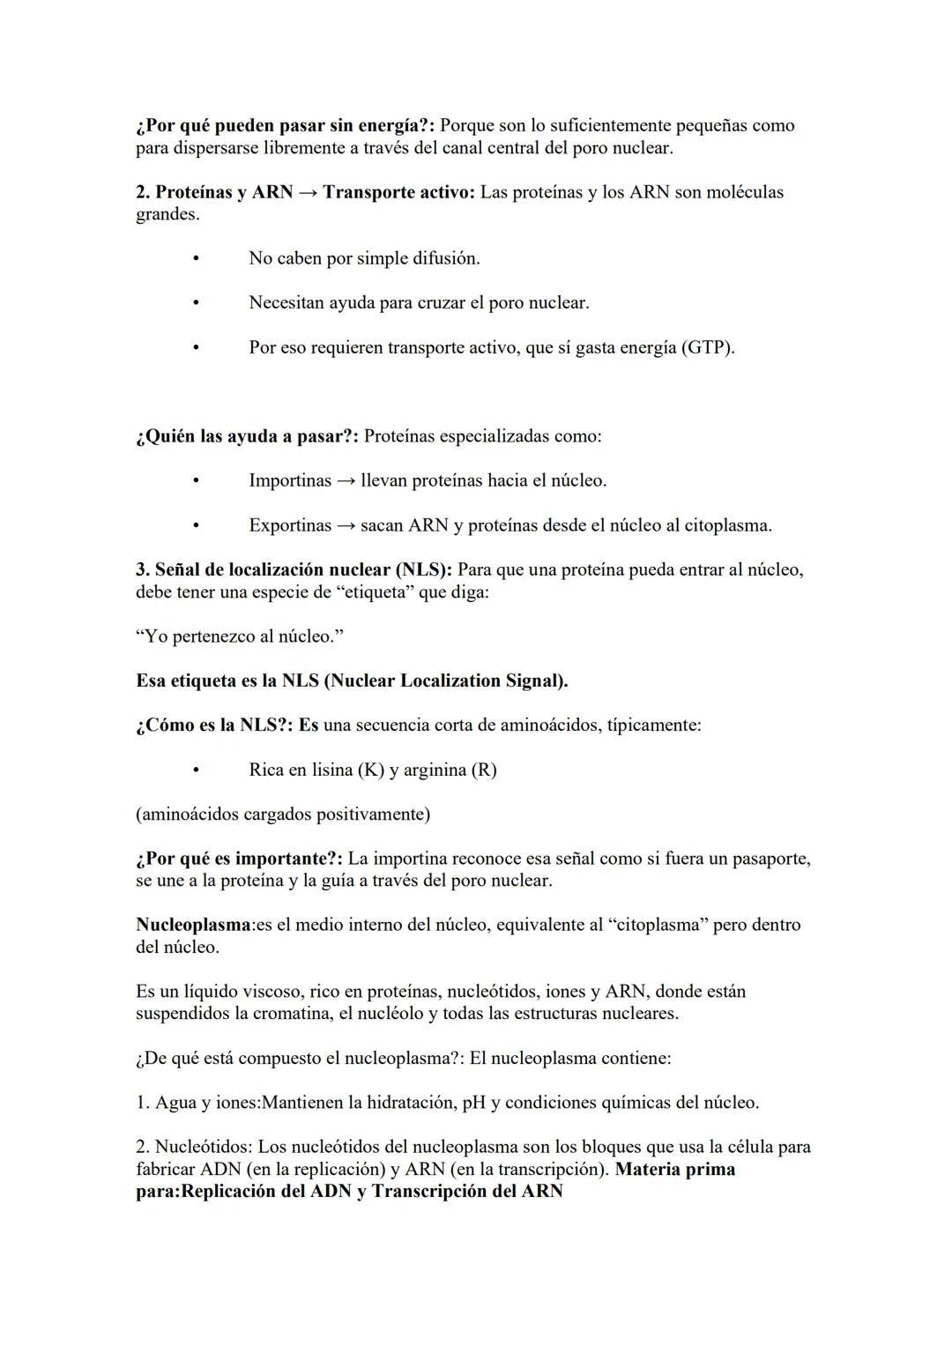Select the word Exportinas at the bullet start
pyautogui.click(x=290, y=525)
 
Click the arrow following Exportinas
pyautogui.click(x=346, y=525)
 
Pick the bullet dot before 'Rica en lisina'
pyautogui.click(x=195, y=770)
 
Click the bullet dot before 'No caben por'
pyautogui.click(x=195, y=258)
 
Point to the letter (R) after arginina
pyautogui.click(x=484, y=770)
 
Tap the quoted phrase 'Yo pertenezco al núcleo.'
pyautogui.click(x=234, y=636)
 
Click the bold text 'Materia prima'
pyautogui.click(x=675, y=1169)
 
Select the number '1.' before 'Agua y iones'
pyautogui.click(x=143, y=1102)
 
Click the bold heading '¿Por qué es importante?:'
pyautogui.click(x=239, y=858)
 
